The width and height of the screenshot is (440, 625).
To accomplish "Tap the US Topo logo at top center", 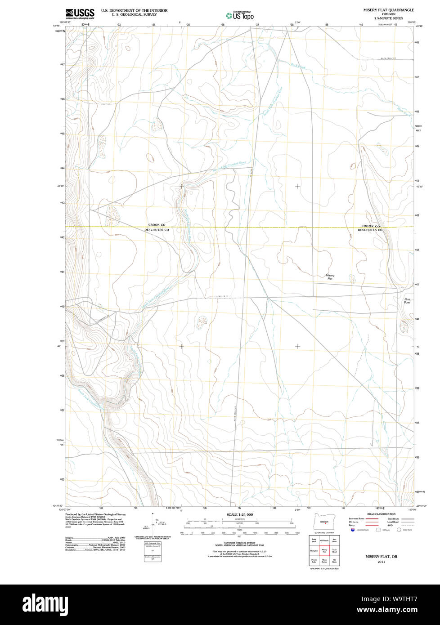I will [240, 15].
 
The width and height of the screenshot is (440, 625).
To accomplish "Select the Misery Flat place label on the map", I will [330, 277].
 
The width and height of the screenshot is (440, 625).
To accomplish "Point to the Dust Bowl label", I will [407, 301].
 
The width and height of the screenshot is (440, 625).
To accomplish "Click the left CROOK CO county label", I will [157, 224].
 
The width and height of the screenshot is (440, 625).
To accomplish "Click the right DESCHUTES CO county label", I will [370, 230].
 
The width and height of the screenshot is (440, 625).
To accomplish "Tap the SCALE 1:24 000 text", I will [239, 514].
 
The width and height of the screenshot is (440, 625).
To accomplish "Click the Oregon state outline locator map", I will [323, 522].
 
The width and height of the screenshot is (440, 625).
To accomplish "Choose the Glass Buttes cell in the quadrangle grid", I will [324, 561].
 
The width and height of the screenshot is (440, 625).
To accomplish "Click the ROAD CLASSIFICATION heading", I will [381, 514].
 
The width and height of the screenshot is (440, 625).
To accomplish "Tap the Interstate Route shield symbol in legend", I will [353, 530].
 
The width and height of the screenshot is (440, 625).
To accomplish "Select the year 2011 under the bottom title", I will [381, 562].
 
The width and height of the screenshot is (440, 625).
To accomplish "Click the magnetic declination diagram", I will [155, 522].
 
